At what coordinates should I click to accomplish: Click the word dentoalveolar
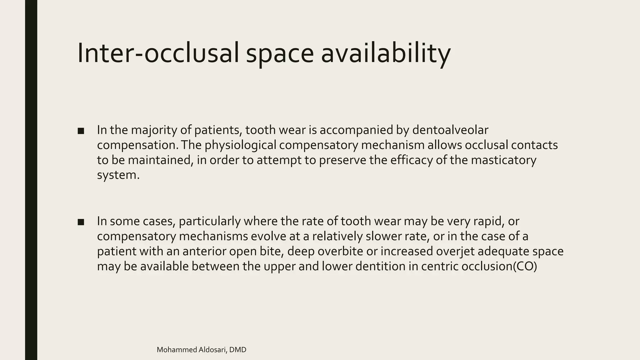pyautogui.click(x=450, y=130)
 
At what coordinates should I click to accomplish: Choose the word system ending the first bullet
pyautogui.click(x=118, y=175)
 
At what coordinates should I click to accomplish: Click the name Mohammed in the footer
pyautogui.click(x=177, y=350)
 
